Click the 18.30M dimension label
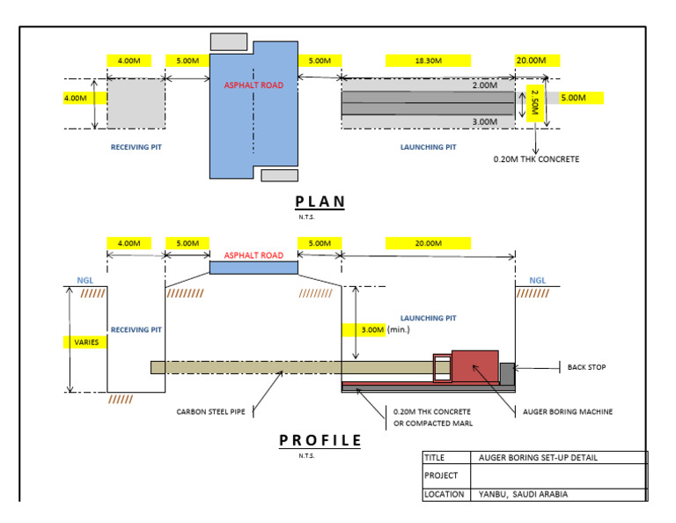[x=427, y=60]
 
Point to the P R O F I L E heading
[x=320, y=439]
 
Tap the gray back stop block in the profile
[x=507, y=372]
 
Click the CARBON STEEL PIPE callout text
[x=213, y=411]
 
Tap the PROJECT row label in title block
[x=442, y=476]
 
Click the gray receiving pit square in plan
[x=135, y=103]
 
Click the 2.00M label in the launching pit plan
[x=483, y=85]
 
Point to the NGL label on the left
[x=84, y=280]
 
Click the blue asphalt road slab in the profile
[x=253, y=267]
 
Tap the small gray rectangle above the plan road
[x=229, y=41]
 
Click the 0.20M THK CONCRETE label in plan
[x=536, y=159]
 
